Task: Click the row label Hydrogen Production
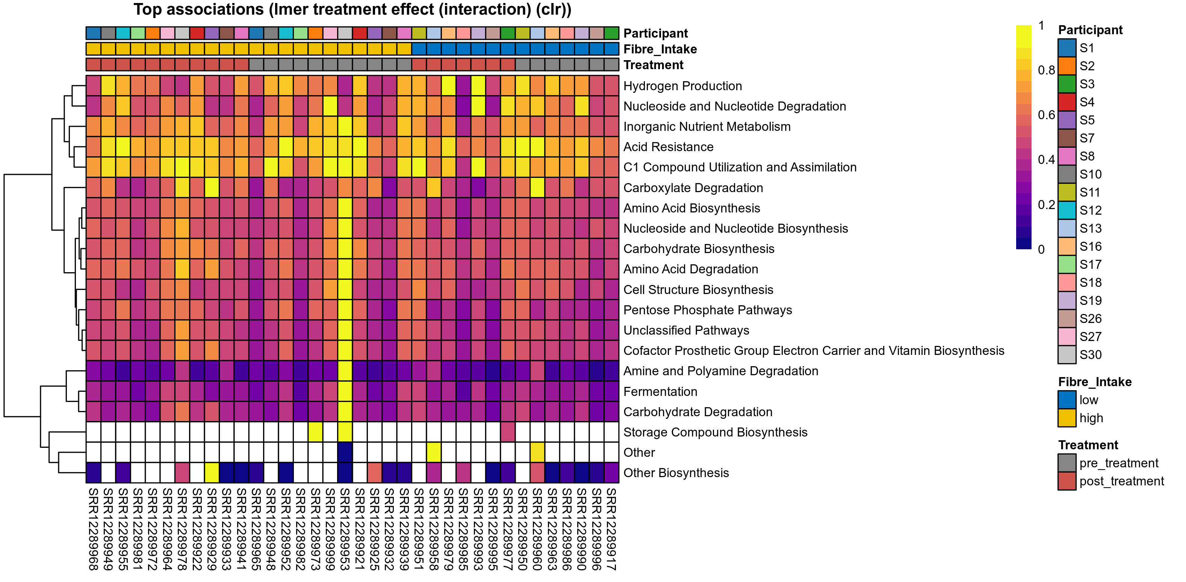(x=682, y=86)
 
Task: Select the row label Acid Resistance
(x=668, y=147)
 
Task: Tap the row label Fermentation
(x=660, y=392)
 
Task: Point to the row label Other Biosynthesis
(x=676, y=473)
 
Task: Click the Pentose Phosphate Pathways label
(x=707, y=310)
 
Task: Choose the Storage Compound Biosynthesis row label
(x=715, y=432)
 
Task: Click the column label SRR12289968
(x=94, y=529)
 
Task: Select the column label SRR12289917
(x=611, y=529)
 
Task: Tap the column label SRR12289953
(x=345, y=529)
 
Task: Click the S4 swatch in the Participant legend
(x=1067, y=102)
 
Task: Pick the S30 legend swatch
(x=1067, y=355)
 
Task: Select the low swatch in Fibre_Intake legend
(x=1067, y=400)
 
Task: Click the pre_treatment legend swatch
(x=1067, y=463)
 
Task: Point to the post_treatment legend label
(x=1121, y=481)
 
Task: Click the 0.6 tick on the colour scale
(x=1046, y=115)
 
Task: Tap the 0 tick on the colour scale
(x=1041, y=250)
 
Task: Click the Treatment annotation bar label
(x=653, y=65)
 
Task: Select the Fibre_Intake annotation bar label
(x=660, y=49)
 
